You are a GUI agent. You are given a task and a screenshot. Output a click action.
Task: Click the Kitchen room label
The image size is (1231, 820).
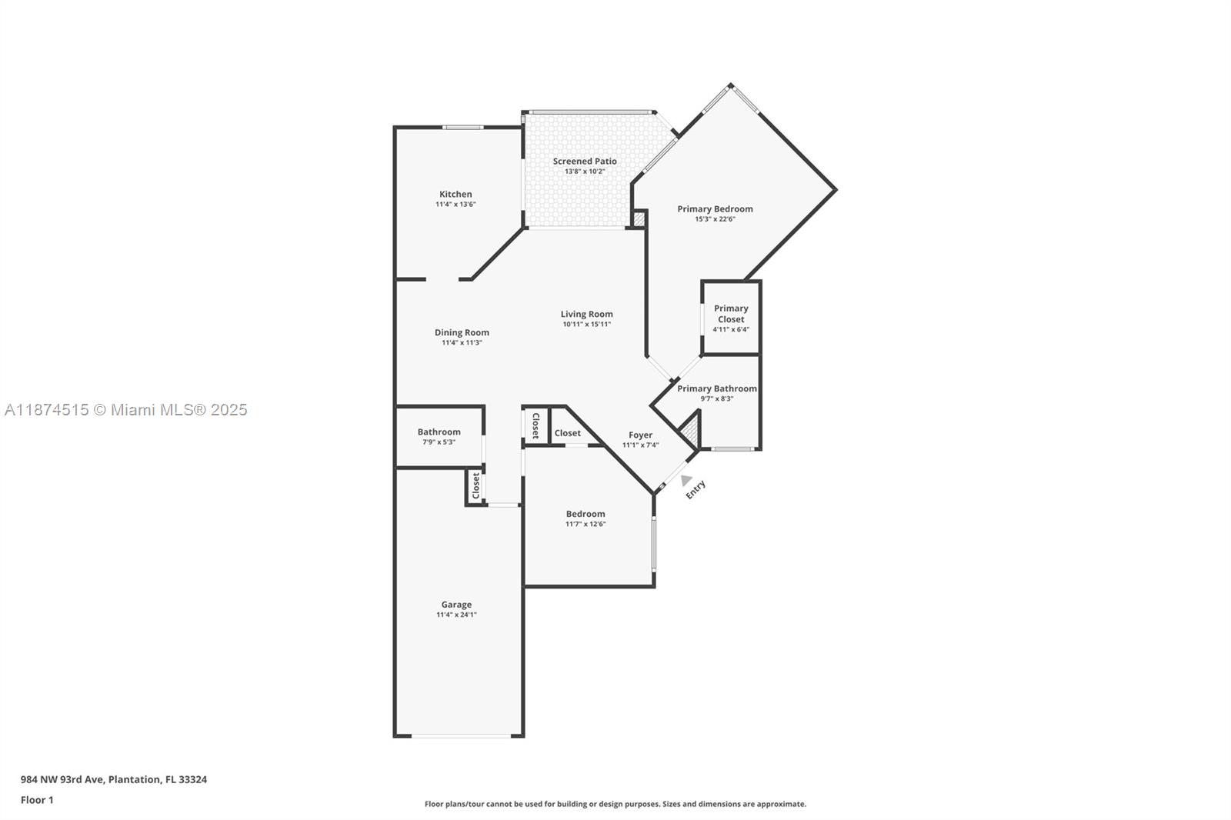pos(455,195)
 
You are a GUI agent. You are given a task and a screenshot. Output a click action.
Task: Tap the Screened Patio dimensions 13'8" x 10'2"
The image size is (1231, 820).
pos(585,172)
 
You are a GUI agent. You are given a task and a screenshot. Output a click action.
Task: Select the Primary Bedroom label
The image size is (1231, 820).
pos(715,209)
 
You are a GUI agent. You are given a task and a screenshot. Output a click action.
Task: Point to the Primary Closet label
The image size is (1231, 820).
pos(731,314)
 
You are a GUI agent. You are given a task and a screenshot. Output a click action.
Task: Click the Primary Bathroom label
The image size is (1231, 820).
pos(716,389)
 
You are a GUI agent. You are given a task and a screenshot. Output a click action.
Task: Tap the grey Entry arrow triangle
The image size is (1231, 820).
pos(686,480)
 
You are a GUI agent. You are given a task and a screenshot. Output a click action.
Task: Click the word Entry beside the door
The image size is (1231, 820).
pos(696,490)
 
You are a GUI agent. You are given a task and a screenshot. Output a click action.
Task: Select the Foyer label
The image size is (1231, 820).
pos(640,435)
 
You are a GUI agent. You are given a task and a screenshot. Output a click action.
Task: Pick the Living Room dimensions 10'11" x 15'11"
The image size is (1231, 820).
pos(586,325)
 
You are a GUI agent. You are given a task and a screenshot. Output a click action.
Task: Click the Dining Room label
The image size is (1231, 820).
pos(462,333)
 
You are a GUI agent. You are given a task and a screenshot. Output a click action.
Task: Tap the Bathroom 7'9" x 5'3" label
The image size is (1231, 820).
pos(439,437)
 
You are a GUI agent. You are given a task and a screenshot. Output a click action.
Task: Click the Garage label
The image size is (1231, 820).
pos(456,605)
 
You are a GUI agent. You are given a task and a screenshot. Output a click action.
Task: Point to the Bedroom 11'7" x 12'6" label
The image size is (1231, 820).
pos(585,518)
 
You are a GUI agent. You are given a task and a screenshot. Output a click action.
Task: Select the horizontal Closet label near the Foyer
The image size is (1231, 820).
pos(568,433)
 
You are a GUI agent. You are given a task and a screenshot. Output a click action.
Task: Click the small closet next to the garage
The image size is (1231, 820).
pos(475,486)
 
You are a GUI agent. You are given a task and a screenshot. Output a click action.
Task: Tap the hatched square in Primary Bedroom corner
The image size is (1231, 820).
pos(639,219)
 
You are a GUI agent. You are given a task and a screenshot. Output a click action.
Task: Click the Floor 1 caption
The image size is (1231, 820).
pos(37,800)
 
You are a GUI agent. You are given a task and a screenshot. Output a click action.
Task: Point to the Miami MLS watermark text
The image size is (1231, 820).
pos(126,410)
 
